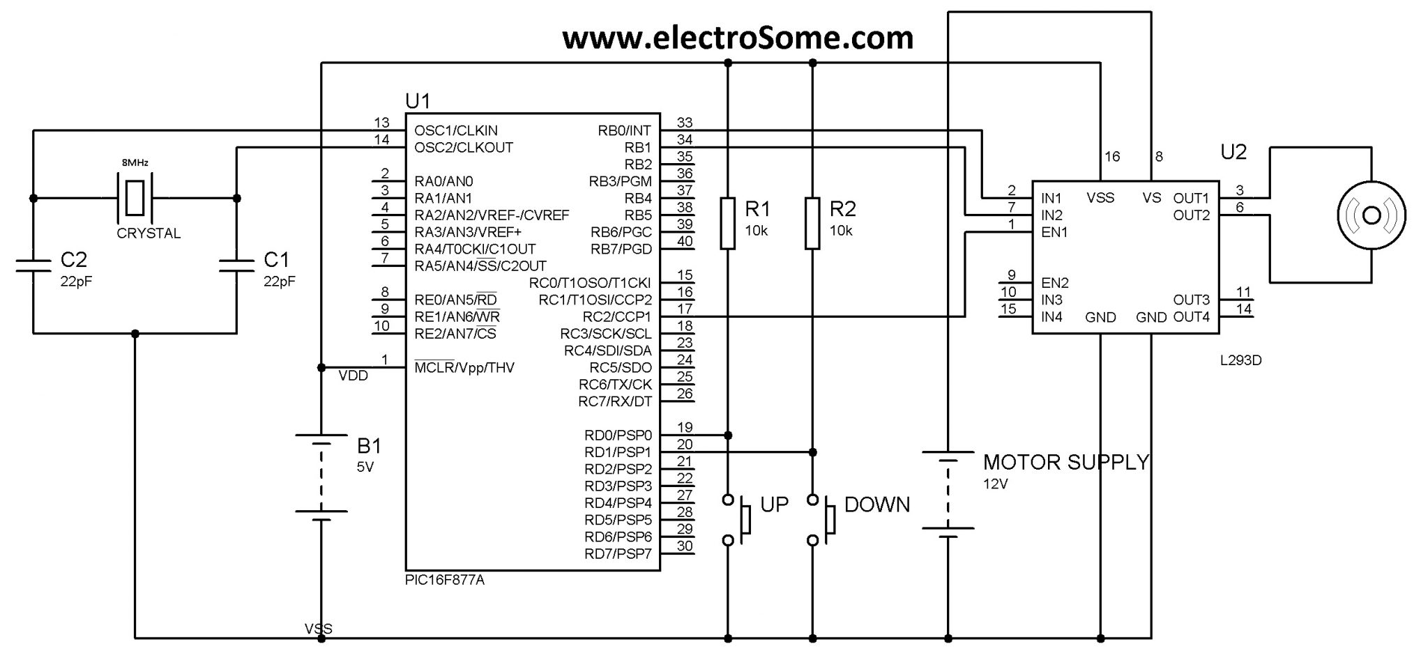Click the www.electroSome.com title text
click(738, 38)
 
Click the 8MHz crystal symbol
click(135, 198)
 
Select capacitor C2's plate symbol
click(33, 265)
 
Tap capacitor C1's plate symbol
click(236, 265)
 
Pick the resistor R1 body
click(728, 223)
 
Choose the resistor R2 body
click(812, 223)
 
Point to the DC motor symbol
click(1371, 215)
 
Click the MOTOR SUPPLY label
click(1065, 462)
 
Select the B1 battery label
click(369, 446)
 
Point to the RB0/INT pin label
click(624, 130)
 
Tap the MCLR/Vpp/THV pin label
click(464, 368)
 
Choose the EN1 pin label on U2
click(1054, 232)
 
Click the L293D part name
click(1240, 361)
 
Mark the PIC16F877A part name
click(444, 580)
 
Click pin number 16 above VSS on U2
click(1112, 157)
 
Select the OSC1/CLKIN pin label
click(456, 130)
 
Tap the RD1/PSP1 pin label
click(618, 452)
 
